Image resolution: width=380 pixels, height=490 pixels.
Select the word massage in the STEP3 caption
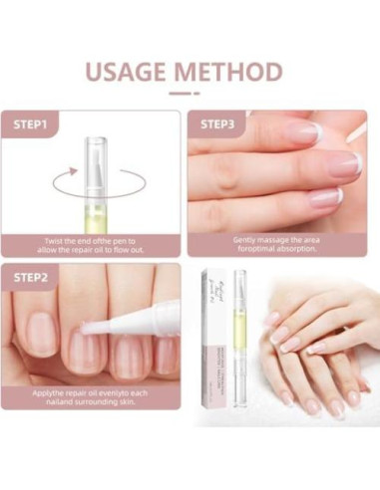269,240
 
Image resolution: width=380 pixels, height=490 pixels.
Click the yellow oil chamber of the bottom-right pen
239,349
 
